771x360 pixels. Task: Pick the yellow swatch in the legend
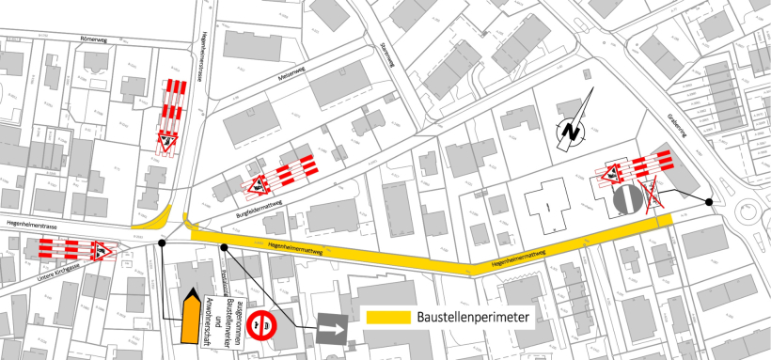point(385,318)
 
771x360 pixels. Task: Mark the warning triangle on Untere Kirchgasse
point(100,249)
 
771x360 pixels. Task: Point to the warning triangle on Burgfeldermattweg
point(254,186)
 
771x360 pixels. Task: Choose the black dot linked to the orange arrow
point(163,243)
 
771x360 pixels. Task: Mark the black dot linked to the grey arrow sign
point(225,246)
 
